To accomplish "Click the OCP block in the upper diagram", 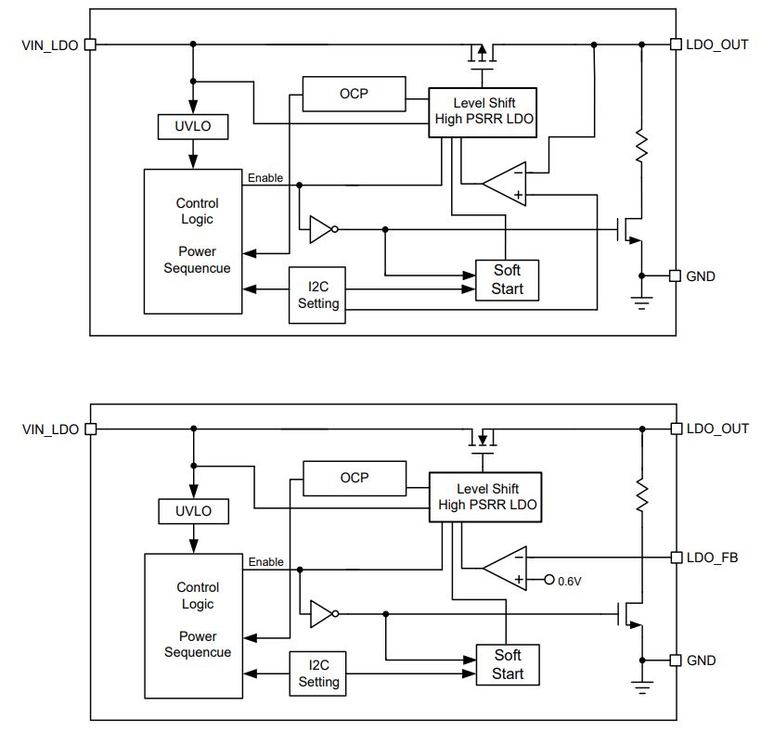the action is [354, 94].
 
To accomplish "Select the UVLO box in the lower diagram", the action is [193, 511].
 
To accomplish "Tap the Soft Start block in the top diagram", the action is [507, 280].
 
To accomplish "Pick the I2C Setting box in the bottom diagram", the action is [318, 673].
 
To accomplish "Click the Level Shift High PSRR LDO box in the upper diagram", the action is [483, 112].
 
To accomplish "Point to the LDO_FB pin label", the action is [713, 558].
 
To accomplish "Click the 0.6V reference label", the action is [569, 582].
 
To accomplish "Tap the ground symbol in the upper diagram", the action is [641, 302].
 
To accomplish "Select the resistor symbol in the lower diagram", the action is [641, 495].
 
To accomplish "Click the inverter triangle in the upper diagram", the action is [323, 229].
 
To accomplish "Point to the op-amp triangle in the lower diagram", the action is [505, 569].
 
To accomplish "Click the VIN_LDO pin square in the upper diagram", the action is [90, 45].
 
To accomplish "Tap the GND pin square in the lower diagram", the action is [676, 660].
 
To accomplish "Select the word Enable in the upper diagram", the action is [265, 177].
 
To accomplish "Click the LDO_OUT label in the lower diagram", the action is [717, 429].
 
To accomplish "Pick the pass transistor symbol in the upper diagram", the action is [483, 56].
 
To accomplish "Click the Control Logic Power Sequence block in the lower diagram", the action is [193, 626].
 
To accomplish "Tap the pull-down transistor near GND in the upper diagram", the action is [629, 230].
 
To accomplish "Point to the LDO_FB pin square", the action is [677, 558].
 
